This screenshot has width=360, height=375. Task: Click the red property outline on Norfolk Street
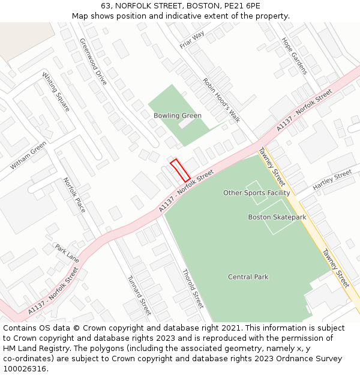click(180, 170)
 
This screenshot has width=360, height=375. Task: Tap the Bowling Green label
click(178, 115)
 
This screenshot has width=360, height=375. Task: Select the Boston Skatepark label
click(277, 217)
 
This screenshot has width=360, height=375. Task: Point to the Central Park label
click(248, 277)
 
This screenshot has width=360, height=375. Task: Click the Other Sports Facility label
click(256, 193)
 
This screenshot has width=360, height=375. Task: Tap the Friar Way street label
click(192, 40)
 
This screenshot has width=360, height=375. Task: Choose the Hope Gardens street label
click(294, 56)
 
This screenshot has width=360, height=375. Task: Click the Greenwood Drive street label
click(93, 61)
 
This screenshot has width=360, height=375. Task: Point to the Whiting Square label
click(56, 92)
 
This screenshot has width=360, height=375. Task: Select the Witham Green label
click(28, 155)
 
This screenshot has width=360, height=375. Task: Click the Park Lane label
click(67, 253)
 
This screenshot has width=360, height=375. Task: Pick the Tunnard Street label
click(139, 295)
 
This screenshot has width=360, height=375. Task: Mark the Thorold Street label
click(193, 287)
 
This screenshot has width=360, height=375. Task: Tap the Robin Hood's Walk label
click(221, 100)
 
